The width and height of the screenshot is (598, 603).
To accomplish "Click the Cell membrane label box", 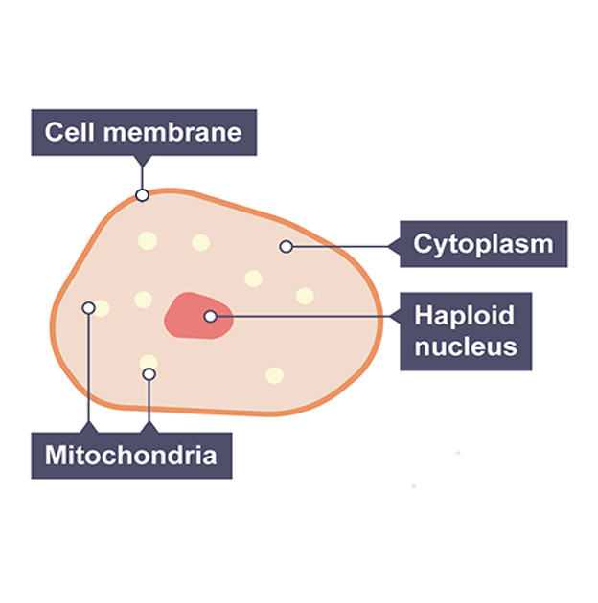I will pos(144,132).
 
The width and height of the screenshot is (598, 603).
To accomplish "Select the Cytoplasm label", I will pos(483,244).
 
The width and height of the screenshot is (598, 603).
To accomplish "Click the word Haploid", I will pos(464,315).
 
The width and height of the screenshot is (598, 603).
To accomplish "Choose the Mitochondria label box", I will pos(130,455).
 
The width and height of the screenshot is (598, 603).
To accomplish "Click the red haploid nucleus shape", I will pos(192,316).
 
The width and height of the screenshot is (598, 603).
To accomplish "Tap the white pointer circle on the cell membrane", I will pos(142,195).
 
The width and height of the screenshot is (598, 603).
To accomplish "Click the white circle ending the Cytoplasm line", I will pos(286,247).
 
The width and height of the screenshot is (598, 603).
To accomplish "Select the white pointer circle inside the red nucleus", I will pos(210,316).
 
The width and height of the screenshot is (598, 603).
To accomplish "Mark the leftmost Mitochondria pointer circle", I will pos(89,308).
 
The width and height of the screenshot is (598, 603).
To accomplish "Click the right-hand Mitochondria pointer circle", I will pos(149,374).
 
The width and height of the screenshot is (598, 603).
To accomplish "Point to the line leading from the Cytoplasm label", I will pos(345,246).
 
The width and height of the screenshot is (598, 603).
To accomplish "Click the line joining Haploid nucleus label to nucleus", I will pos(307,316).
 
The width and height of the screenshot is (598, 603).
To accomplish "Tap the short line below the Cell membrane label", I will pos(142,172).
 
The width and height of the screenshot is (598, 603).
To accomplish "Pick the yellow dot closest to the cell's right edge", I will pos(305,296).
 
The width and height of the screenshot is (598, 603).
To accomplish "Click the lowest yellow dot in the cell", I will pos(274,375).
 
